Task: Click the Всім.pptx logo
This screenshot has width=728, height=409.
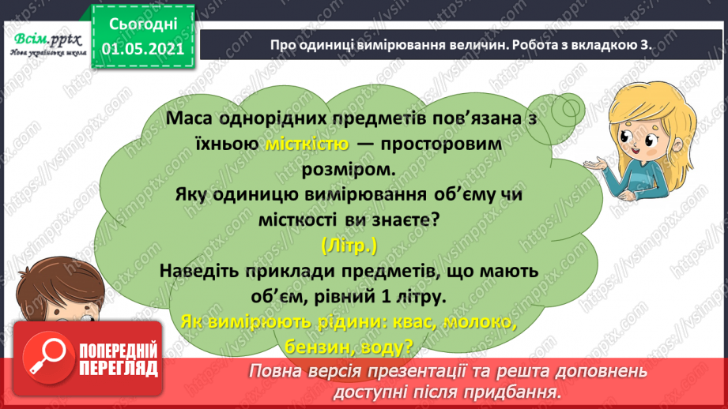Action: point(47,41)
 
